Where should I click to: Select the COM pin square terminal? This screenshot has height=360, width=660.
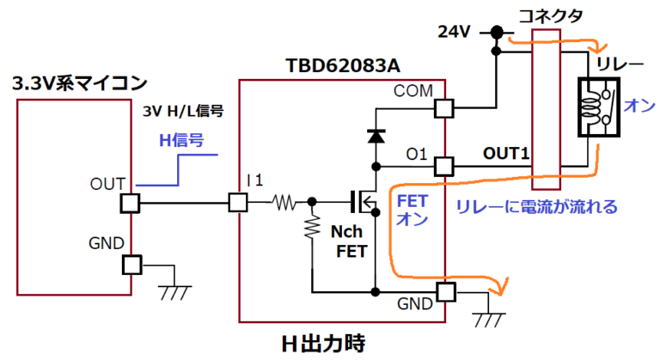point(443,108)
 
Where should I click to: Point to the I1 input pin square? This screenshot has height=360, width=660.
point(238,203)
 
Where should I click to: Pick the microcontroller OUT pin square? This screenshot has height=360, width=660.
point(130,203)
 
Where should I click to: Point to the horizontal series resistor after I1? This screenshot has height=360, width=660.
point(283,204)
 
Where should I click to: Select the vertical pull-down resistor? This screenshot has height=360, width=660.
point(311,229)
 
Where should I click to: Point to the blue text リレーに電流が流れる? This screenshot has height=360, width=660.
point(536,207)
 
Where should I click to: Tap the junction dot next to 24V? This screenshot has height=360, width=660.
point(497,33)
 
